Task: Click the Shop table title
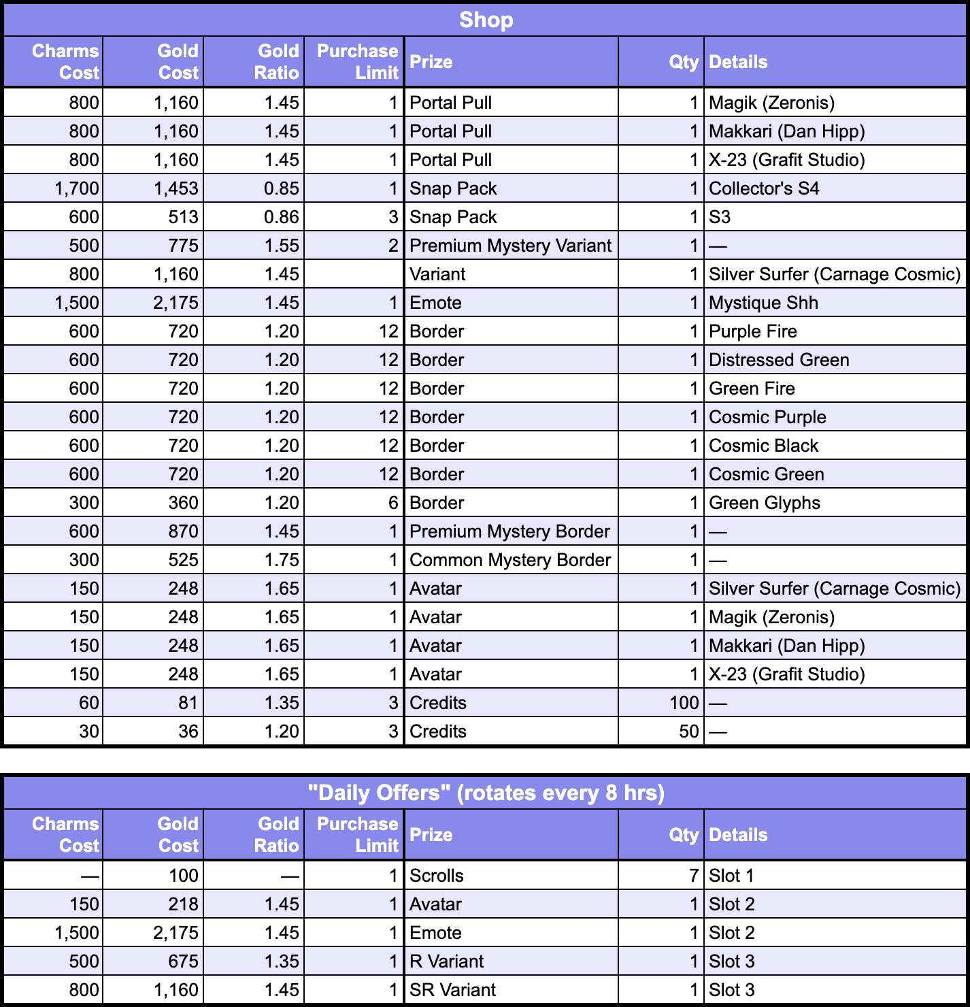(485, 20)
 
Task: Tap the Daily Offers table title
(485, 793)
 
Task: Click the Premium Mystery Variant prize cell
(510, 246)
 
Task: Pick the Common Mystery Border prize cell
(510, 560)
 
